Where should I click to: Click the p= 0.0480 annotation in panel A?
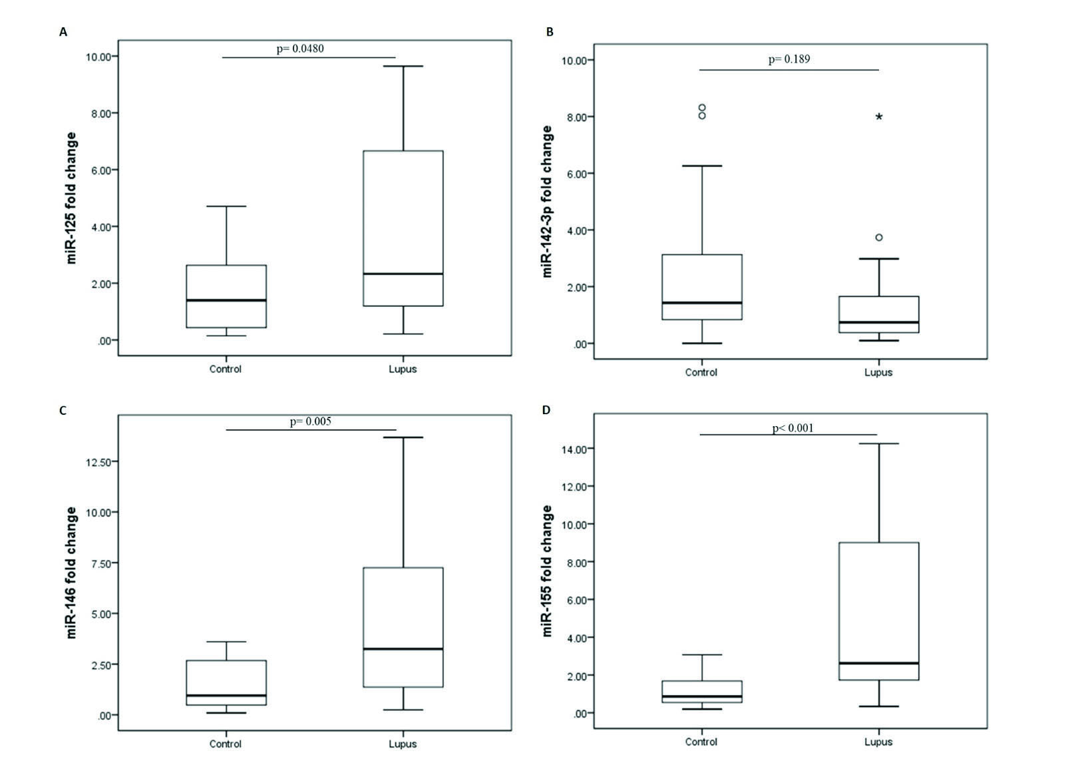coord(300,49)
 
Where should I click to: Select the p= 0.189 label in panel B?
coord(789,59)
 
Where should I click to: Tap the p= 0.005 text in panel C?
coord(310,421)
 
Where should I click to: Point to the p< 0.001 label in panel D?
coord(793,428)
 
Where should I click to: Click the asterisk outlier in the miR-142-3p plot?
coord(879,117)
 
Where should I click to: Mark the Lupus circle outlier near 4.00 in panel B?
coord(879,238)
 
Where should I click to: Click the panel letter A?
coord(63,32)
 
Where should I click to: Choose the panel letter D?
coord(546,409)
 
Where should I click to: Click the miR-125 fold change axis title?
coord(72,198)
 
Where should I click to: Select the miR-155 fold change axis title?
coord(548,571)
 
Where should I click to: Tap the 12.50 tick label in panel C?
coord(98,461)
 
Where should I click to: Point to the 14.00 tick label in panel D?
coord(574,449)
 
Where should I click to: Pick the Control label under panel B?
coord(701,372)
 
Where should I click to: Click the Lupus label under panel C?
coord(403,744)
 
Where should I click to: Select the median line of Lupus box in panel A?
coord(403,274)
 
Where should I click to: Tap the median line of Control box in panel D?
coord(702,696)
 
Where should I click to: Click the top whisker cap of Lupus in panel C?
coord(403,437)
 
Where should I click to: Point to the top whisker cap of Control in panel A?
coord(226,206)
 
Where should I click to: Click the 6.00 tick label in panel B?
coord(574,174)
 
